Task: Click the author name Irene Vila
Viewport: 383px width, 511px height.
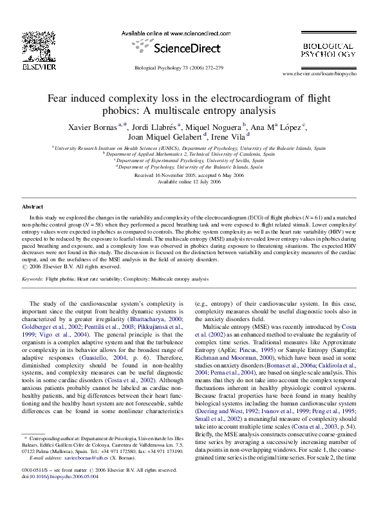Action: click(230, 136)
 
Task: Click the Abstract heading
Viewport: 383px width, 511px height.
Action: click(33, 207)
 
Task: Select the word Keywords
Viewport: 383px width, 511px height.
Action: click(32, 279)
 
